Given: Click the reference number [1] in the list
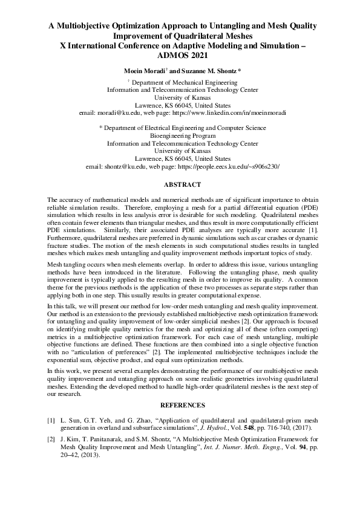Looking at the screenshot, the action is pos(51,418).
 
